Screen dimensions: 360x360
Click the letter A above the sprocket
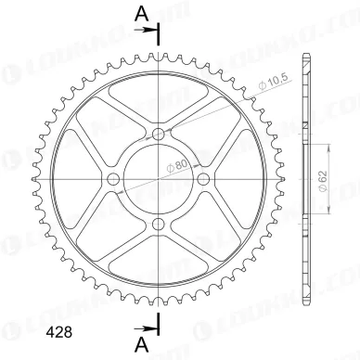point(140,13)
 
